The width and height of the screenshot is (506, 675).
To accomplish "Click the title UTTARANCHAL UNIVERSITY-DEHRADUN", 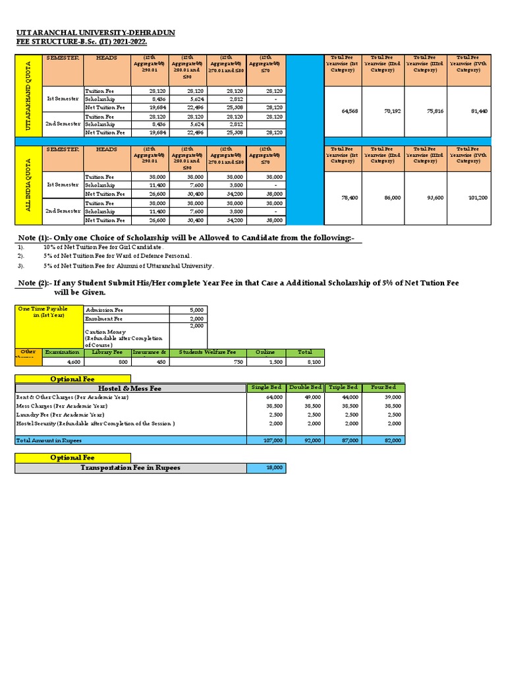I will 96,32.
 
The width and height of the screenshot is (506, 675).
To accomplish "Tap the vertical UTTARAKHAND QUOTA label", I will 29,96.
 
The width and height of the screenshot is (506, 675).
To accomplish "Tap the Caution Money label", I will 105,332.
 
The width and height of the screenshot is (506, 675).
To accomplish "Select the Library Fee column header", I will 108,353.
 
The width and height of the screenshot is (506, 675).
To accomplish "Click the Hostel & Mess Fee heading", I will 130,388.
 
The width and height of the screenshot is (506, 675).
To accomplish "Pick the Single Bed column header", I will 266,388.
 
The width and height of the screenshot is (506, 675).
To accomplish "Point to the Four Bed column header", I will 384,388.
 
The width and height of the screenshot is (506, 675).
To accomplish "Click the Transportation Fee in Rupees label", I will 130,467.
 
